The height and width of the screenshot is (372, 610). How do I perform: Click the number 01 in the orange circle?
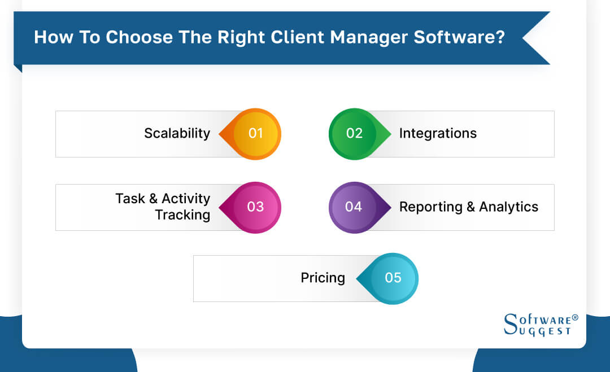tap(256, 133)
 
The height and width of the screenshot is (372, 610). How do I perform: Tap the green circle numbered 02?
tap(354, 133)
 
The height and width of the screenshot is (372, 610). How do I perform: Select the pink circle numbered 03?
tap(255, 207)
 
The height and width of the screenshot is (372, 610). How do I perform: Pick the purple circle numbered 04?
tap(354, 207)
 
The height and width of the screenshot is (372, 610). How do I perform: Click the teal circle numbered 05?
tap(393, 278)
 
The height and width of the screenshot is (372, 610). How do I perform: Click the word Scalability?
tap(177, 133)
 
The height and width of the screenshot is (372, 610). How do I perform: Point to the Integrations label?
tap(438, 133)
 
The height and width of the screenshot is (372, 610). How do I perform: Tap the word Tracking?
tap(182, 215)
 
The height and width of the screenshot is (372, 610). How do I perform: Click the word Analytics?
tap(509, 207)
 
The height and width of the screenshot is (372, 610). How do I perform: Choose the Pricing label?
tap(323, 278)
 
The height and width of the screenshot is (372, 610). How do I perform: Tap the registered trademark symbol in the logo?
tap(575, 318)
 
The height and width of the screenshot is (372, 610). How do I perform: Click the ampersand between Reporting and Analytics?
tap(470, 207)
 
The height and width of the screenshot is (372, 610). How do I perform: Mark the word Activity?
tap(186, 199)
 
